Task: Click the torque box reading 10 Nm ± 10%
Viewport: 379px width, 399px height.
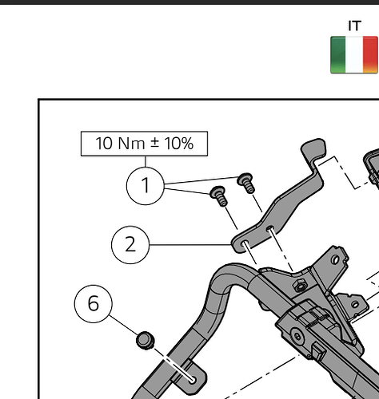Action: (144, 144)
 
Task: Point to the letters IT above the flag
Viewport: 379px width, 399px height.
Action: (354, 26)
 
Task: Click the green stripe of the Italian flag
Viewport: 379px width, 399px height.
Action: (338, 55)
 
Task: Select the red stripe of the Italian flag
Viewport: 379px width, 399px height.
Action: (370, 55)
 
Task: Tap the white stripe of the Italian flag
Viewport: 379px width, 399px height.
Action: (354, 55)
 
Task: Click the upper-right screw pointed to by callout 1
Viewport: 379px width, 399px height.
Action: (246, 183)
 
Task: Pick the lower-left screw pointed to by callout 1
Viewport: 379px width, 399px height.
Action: (219, 196)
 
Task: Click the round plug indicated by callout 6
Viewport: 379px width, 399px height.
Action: (146, 340)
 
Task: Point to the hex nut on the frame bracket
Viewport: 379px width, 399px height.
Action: (300, 286)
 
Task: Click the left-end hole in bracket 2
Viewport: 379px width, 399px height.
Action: (245, 243)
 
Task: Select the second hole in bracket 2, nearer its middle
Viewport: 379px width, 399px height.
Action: (270, 228)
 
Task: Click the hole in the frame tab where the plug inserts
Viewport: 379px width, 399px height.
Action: (193, 380)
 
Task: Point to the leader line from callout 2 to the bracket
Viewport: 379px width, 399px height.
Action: (190, 244)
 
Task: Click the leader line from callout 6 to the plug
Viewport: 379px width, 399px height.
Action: (124, 326)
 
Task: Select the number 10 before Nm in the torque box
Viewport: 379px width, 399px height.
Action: (104, 144)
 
